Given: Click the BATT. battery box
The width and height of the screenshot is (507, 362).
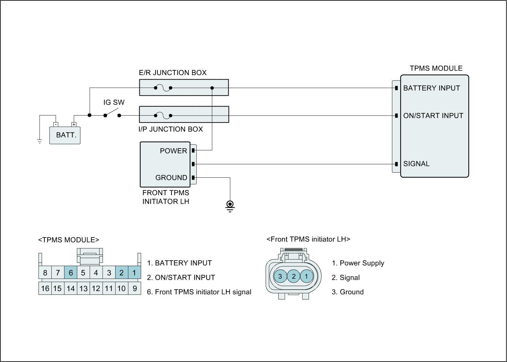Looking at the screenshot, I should click(x=65, y=135).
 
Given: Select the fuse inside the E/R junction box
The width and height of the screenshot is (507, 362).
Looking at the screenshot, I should click(x=163, y=88).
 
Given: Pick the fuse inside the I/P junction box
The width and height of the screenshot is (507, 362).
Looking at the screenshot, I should click(x=163, y=116).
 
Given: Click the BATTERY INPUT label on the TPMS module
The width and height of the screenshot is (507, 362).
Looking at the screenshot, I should click(x=431, y=88).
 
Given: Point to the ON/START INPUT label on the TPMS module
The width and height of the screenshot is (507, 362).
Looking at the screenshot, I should click(x=433, y=116).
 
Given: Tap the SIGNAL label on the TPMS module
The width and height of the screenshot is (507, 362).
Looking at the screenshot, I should click(x=416, y=164).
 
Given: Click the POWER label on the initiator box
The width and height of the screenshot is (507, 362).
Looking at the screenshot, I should click(x=173, y=151).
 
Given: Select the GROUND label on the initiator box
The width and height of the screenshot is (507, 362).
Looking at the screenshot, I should click(x=171, y=178).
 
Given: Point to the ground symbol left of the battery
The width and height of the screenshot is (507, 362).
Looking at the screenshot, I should click(x=40, y=141).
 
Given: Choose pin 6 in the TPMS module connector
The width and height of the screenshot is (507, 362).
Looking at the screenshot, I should click(x=71, y=273).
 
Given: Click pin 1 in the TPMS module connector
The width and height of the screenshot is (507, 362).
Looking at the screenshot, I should click(x=134, y=273).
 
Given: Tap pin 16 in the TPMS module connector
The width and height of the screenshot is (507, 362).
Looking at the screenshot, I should click(x=45, y=289).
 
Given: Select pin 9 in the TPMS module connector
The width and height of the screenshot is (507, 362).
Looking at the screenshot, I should click(x=135, y=289).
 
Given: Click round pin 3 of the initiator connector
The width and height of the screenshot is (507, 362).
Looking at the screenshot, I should click(x=280, y=276).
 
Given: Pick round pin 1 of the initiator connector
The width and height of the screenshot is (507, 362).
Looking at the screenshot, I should click(x=306, y=276).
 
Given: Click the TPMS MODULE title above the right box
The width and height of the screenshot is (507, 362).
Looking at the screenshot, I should click(x=436, y=68).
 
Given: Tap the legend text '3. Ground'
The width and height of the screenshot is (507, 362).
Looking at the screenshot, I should click(x=348, y=292).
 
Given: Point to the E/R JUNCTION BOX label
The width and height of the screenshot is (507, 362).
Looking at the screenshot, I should click(x=173, y=73).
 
